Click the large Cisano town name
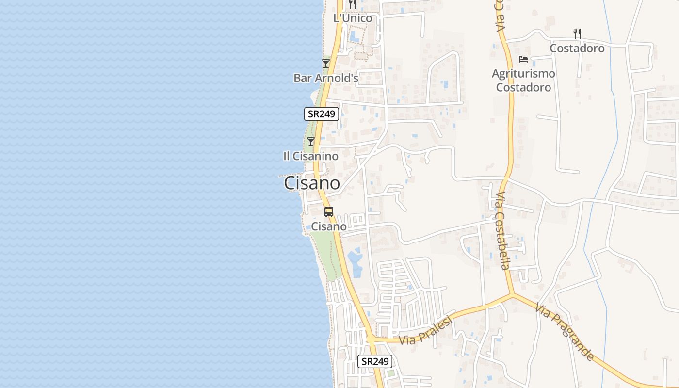(x=311, y=183)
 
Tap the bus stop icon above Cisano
(x=329, y=211)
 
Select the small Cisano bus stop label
(x=329, y=226)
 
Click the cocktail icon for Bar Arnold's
(x=326, y=64)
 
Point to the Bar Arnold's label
(x=326, y=78)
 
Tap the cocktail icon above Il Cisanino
(x=311, y=142)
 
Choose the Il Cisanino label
(x=311, y=156)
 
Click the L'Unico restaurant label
(x=353, y=18)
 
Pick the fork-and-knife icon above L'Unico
(x=353, y=4)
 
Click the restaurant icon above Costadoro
(x=577, y=34)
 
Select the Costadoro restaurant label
(x=577, y=48)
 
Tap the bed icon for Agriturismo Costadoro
(x=523, y=59)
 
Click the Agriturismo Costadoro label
(x=523, y=81)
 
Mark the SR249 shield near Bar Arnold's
(x=322, y=114)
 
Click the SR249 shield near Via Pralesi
(x=375, y=361)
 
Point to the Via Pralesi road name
(x=426, y=331)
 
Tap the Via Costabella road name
(x=502, y=230)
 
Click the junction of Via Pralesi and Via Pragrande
(x=512, y=294)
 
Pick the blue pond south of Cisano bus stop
(x=355, y=262)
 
